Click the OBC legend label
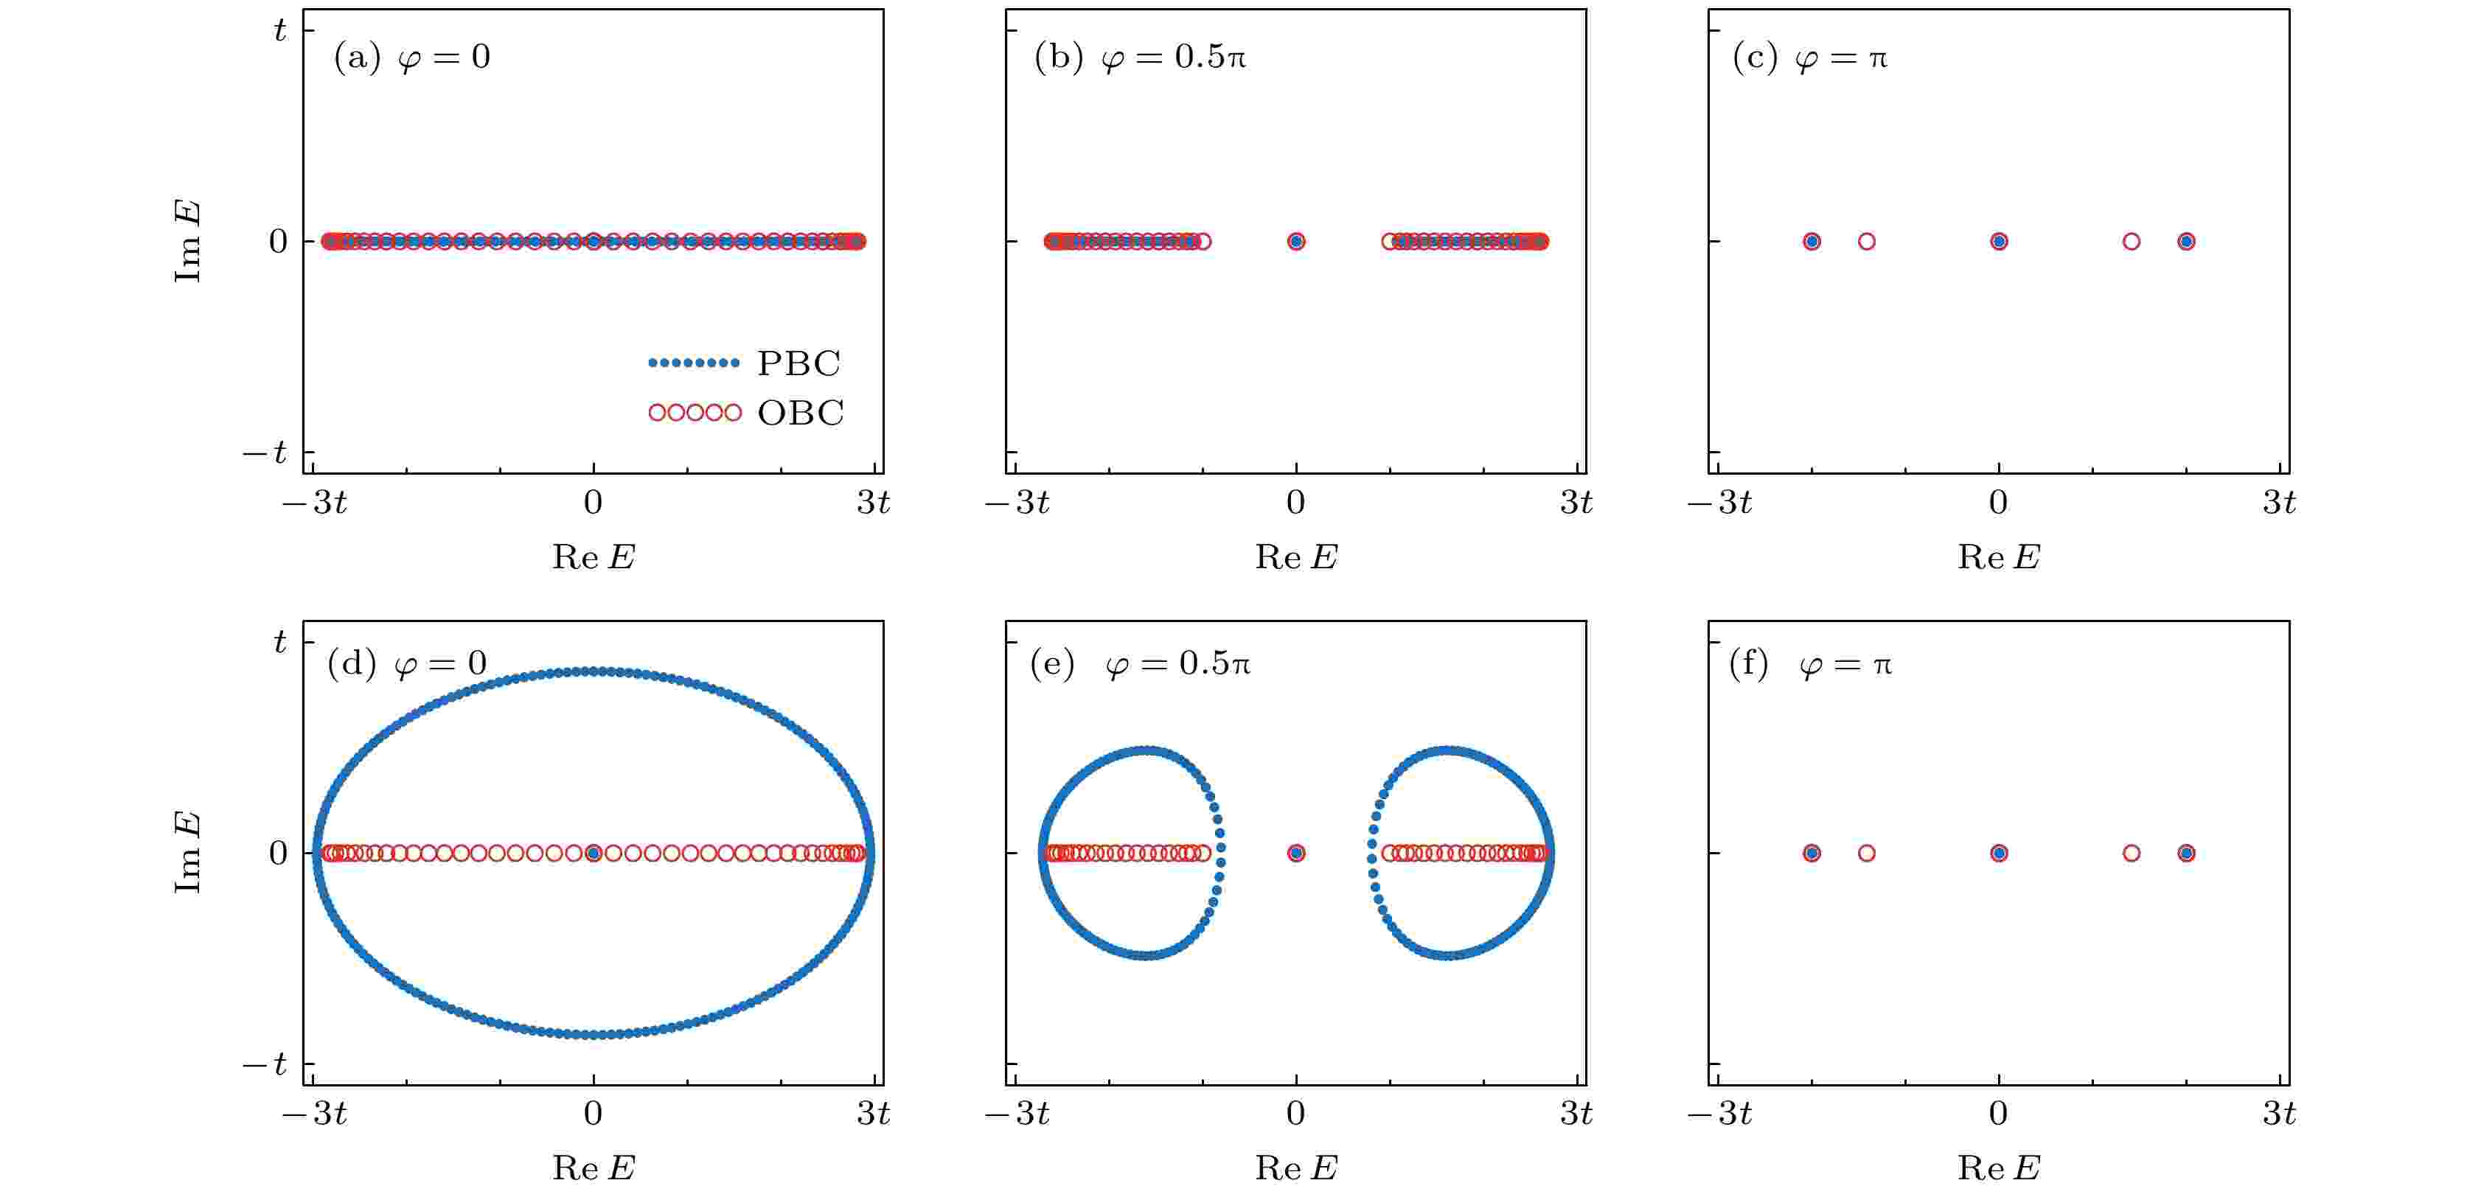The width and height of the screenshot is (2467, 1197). tap(800, 413)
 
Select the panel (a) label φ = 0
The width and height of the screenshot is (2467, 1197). tap(412, 57)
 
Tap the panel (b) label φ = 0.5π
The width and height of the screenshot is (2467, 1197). tap(1140, 57)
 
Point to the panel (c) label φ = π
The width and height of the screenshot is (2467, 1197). tap(1810, 57)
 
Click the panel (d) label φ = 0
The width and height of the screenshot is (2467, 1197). tap(407, 663)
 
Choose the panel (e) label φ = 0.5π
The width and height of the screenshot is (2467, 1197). tap(1140, 663)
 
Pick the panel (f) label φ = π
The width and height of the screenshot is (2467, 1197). tap(1810, 663)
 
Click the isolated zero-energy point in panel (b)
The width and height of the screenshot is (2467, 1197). tap(1295, 241)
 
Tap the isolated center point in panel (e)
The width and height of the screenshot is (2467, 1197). tap(1295, 852)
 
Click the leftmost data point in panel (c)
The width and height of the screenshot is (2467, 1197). tap(1811, 241)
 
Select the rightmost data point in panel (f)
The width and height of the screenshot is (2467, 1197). tap(2185, 852)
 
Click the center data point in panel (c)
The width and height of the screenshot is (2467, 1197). tap(1999, 241)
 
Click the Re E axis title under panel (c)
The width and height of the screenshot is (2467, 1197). tap(1999, 556)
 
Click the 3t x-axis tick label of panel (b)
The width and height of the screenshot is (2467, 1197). tap(1576, 502)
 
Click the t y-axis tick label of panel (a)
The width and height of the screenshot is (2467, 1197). tap(279, 31)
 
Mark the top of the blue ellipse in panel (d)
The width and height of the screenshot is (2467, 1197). tap(594, 671)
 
